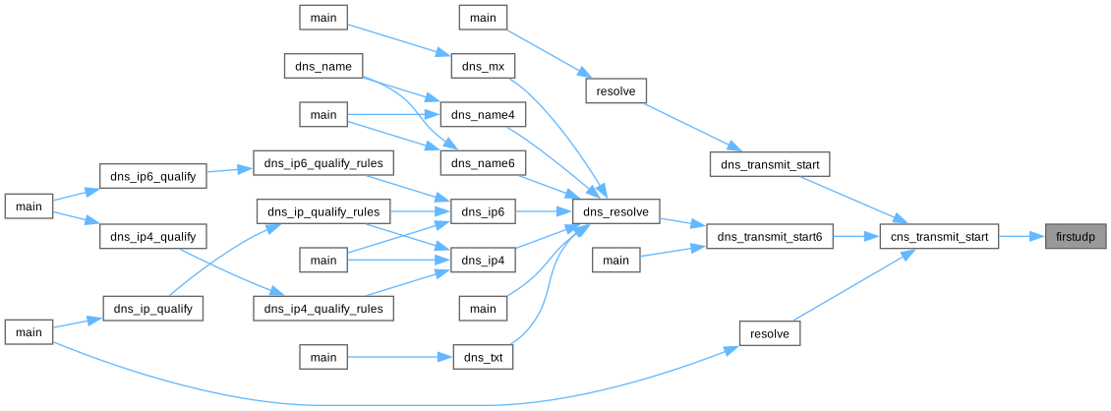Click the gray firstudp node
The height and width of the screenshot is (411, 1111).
[1076, 236]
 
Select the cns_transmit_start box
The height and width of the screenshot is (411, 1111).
[939, 236]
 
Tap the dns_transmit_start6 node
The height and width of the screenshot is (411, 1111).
[770, 236]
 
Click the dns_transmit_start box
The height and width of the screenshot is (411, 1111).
[770, 163]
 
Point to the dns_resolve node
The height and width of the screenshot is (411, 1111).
[615, 211]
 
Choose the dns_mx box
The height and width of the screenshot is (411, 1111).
[483, 66]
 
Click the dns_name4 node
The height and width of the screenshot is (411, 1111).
[483, 115]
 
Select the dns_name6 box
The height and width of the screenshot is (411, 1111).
[483, 163]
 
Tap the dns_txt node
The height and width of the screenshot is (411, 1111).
[483, 357]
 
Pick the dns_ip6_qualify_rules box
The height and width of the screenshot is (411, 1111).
[323, 163]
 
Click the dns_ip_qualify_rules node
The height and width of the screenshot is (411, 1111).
[323, 211]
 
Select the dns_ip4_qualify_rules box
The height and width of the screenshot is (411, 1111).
[323, 308]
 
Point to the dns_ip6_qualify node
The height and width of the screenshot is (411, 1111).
[153, 177]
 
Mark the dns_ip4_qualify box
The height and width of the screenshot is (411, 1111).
[153, 236]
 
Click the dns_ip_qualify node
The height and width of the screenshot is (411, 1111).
[153, 308]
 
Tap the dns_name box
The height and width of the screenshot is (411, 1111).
[323, 66]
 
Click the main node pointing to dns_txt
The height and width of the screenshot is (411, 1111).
[323, 357]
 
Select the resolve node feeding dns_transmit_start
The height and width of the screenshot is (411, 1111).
[615, 90]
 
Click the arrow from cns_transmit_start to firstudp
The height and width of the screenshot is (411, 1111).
[1023, 236]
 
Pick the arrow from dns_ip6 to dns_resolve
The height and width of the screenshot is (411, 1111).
[544, 211]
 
